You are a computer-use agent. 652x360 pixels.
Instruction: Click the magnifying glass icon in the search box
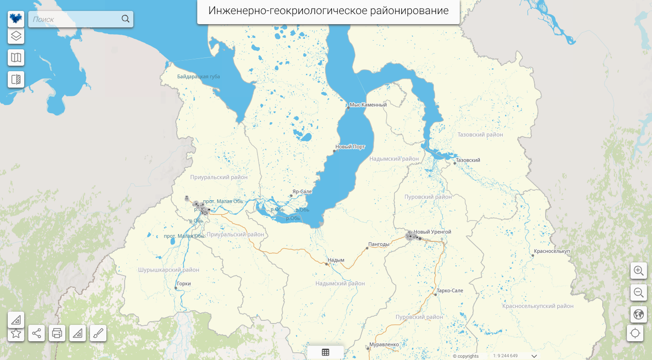click(126, 19)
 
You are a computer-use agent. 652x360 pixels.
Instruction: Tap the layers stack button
click(16, 36)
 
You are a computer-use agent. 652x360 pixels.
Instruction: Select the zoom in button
click(639, 271)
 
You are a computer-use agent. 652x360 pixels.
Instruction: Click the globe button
click(639, 314)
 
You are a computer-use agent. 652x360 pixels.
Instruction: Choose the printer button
click(57, 333)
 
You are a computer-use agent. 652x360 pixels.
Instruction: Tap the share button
click(37, 333)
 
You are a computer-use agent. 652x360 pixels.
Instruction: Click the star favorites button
click(16, 333)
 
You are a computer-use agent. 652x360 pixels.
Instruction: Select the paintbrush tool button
click(98, 333)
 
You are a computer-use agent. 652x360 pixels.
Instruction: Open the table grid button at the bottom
click(326, 352)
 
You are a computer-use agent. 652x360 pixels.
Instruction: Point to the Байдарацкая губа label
click(199, 77)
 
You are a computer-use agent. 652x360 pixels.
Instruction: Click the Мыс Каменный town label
click(368, 105)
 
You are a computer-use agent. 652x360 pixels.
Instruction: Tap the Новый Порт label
click(350, 147)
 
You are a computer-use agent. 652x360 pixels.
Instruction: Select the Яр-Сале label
click(302, 192)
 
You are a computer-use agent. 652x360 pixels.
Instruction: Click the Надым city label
click(336, 260)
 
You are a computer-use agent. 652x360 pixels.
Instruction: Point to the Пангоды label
click(379, 244)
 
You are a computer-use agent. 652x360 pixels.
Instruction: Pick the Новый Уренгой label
click(432, 232)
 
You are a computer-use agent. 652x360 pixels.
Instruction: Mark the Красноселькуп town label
click(552, 251)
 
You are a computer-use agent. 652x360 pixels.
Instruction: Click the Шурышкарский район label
click(168, 270)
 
